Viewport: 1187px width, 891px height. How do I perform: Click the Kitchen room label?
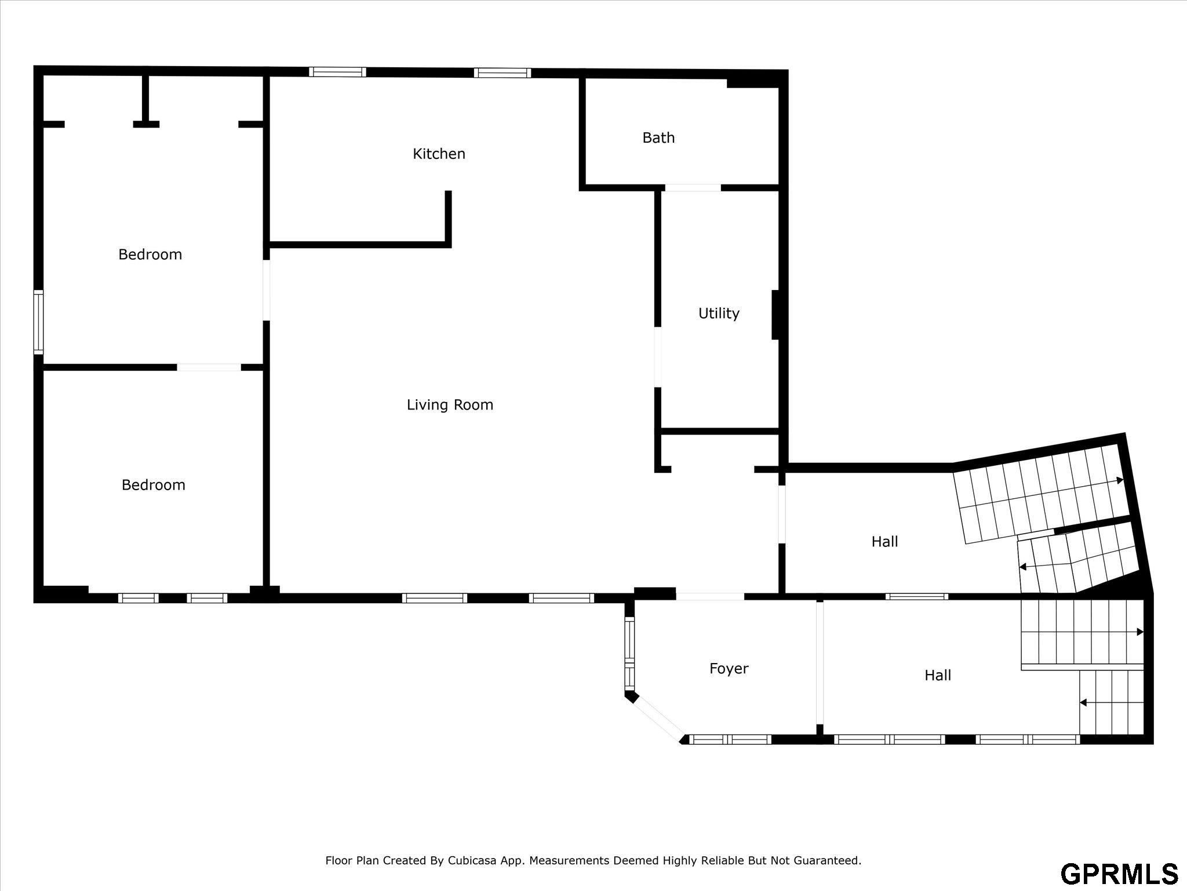point(439,154)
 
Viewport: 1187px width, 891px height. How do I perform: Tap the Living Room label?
point(450,405)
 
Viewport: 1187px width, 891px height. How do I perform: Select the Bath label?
point(658,138)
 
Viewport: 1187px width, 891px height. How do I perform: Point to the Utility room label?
point(719,314)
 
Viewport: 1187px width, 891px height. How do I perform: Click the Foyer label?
point(729,669)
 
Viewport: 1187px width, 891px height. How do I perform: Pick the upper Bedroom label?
point(150,255)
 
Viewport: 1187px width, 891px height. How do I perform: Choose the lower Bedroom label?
point(154,485)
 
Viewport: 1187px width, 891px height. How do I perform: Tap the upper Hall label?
point(884,542)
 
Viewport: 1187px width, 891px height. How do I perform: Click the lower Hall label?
point(938,675)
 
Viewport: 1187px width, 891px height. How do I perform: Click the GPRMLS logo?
point(1119,874)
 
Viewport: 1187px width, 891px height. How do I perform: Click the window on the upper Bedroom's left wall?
point(38,322)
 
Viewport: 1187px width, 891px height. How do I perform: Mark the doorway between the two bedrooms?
point(209,367)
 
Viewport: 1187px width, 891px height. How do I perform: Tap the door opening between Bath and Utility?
point(693,187)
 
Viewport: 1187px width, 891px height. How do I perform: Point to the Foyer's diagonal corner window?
point(658,718)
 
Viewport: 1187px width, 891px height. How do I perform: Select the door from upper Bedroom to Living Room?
point(267,290)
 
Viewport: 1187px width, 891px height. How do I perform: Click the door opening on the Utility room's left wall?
point(658,357)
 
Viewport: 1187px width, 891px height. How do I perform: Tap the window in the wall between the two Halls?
point(917,596)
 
